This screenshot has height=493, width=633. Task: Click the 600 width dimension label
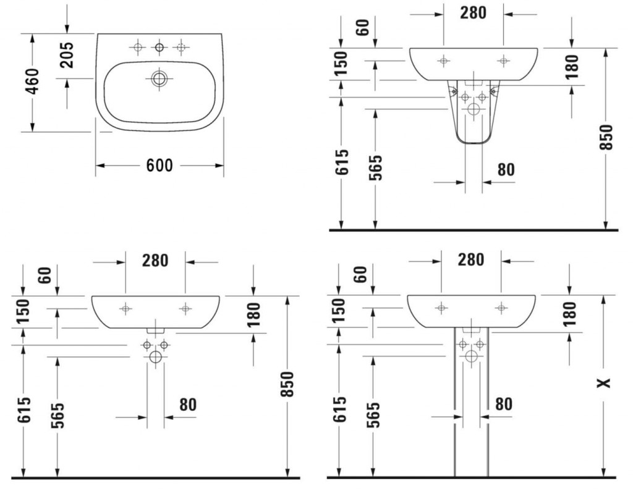[159, 166]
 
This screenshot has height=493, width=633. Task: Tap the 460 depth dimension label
[32, 81]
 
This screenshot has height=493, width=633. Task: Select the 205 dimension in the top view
[67, 55]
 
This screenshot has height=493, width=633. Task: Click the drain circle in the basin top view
[159, 78]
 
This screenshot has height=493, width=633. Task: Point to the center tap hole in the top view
[159, 48]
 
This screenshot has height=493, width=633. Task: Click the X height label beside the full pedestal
[604, 383]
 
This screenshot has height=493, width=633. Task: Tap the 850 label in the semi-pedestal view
[606, 138]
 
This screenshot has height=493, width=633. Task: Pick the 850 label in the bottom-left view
[287, 384]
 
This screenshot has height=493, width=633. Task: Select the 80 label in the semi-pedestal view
[506, 169]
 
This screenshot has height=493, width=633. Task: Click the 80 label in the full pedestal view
[504, 404]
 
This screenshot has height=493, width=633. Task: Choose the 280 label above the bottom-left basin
[155, 261]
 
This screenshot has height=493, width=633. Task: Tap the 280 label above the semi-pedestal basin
[473, 13]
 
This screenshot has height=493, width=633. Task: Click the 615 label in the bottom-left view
[24, 410]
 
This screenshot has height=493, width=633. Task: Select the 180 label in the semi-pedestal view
[572, 67]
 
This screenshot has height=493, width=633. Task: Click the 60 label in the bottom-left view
[46, 275]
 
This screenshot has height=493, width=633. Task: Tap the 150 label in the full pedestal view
[339, 310]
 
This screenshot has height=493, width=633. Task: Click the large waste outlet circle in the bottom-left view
[155, 357]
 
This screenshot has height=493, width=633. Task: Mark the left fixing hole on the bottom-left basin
[125, 309]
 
